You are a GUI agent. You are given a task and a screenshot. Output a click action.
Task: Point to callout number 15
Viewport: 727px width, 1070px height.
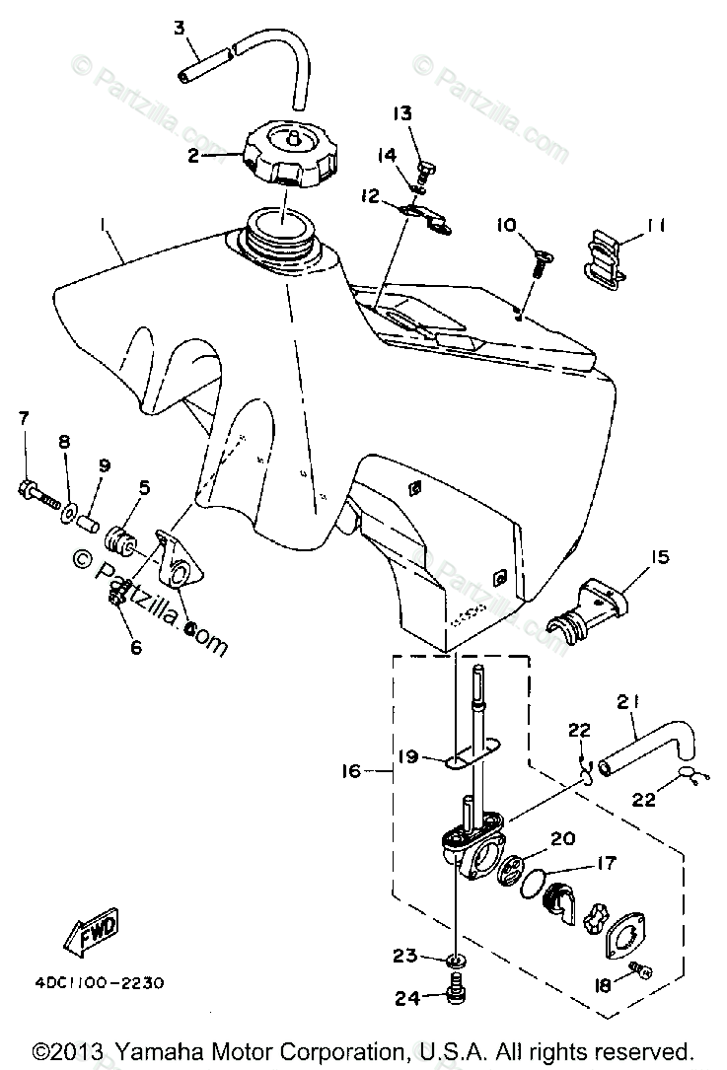pyautogui.click(x=659, y=557)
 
